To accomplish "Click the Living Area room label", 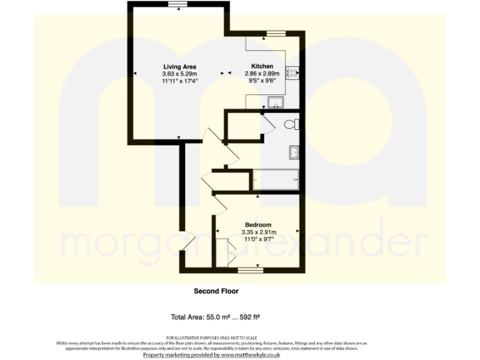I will [180, 67].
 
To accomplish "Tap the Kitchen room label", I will [262, 67].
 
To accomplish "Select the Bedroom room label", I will [257, 225].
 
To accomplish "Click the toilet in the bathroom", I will [291, 124].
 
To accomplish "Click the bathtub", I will [276, 179].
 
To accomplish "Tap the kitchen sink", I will [274, 102].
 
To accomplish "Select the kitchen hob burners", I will [292, 72].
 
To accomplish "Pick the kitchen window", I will [276, 32].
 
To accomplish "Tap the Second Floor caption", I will [216, 291].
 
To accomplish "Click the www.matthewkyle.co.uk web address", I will [251, 354].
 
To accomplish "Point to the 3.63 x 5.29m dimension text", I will [180, 74].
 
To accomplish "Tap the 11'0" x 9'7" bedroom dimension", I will [257, 239].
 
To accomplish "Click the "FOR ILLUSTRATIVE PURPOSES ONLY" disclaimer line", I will [211, 337].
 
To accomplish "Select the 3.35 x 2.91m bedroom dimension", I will [257, 232].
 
